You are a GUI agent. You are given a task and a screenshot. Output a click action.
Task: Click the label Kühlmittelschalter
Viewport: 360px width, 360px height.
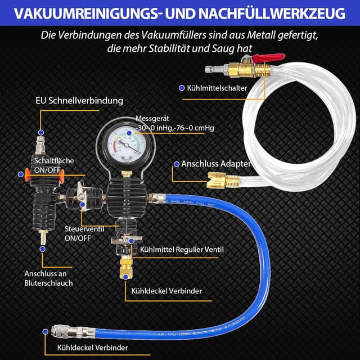point(216,88)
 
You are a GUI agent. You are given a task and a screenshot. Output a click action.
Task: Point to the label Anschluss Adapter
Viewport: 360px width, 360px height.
point(215,164)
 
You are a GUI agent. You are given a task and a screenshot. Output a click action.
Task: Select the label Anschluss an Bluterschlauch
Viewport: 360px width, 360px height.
point(48,278)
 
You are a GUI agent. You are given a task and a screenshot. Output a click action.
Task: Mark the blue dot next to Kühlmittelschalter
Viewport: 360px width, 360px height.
point(181,88)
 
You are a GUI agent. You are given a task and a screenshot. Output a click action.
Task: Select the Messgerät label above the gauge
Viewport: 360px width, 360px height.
point(151,119)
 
